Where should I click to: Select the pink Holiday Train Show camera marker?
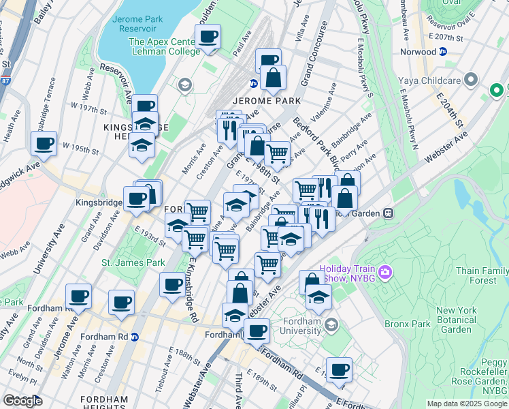click(386, 273)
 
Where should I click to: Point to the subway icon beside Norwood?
click(443, 52)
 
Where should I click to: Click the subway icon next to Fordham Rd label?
click(135, 337)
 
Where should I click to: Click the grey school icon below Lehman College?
click(183, 85)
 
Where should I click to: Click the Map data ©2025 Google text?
click(466, 404)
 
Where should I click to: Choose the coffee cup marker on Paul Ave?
click(208, 37)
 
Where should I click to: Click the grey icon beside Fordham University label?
click(331, 322)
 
